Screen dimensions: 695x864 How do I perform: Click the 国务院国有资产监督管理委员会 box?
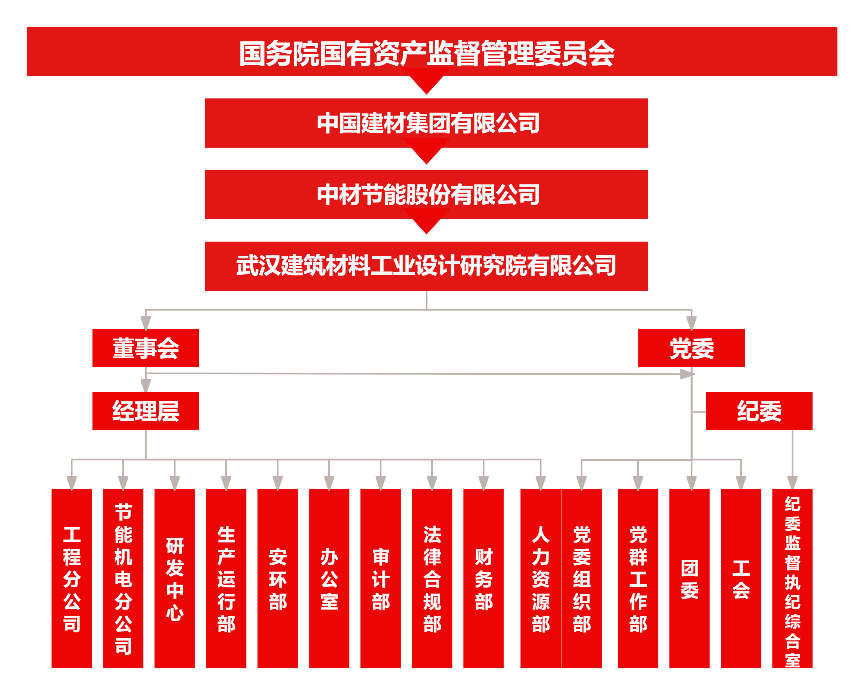(432, 52)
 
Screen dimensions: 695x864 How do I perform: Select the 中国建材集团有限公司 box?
(426, 123)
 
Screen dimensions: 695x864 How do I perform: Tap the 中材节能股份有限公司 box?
(426, 195)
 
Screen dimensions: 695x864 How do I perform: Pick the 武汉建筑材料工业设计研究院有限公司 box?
(426, 266)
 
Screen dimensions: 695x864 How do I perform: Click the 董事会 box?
(145, 348)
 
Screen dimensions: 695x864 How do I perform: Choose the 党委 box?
(691, 348)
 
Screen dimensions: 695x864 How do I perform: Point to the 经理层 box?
(145, 411)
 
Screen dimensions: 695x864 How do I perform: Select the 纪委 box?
(759, 411)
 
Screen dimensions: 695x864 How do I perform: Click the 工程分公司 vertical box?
(72, 578)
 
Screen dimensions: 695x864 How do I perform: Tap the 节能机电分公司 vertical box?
(123, 578)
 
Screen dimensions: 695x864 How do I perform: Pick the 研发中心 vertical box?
(175, 578)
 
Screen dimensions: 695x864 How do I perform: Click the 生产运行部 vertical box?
(226, 578)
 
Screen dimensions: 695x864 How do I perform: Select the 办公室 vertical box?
(329, 578)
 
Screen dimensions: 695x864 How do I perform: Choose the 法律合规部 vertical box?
(432, 578)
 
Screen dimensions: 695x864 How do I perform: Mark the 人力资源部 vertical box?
(541, 578)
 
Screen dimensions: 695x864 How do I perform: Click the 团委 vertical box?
(689, 578)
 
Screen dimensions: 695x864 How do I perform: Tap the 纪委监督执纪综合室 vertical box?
(792, 578)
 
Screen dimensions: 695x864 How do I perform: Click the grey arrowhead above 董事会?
(145, 323)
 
